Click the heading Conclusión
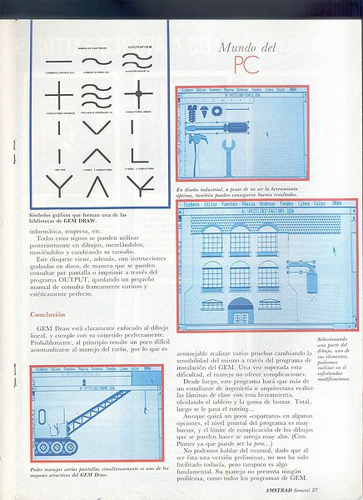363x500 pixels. coord(53,314)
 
